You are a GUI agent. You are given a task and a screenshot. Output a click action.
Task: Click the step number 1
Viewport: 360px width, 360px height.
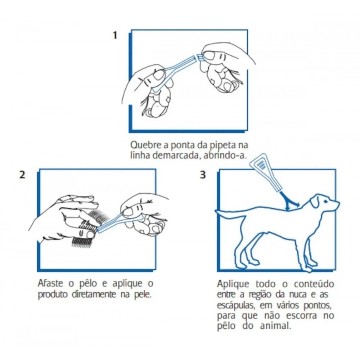pyautogui.click(x=115, y=35)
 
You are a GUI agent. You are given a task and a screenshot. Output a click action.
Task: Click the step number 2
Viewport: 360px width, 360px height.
pyautogui.click(x=22, y=175)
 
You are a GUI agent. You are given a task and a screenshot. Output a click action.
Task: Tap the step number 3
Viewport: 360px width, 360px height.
pyautogui.click(x=203, y=175)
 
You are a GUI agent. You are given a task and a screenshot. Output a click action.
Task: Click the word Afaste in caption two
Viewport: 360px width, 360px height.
pyautogui.click(x=50, y=283)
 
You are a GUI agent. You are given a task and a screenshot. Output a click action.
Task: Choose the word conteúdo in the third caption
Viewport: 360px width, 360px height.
pyautogui.click(x=314, y=284)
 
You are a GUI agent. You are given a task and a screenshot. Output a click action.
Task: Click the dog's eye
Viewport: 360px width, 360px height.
pyautogui.click(x=326, y=201)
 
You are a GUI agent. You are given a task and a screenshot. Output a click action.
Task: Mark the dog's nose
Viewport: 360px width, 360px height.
pyautogui.click(x=338, y=203)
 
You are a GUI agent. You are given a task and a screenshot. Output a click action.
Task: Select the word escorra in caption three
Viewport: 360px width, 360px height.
pyautogui.click(x=301, y=316)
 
